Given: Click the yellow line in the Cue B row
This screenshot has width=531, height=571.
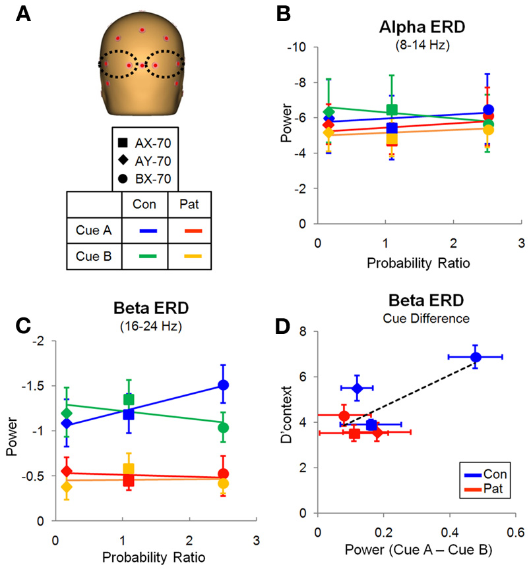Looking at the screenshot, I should point(189,256).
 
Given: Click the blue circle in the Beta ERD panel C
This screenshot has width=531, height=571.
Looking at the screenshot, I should point(224,385).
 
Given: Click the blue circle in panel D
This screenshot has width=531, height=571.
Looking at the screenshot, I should point(476,357).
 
